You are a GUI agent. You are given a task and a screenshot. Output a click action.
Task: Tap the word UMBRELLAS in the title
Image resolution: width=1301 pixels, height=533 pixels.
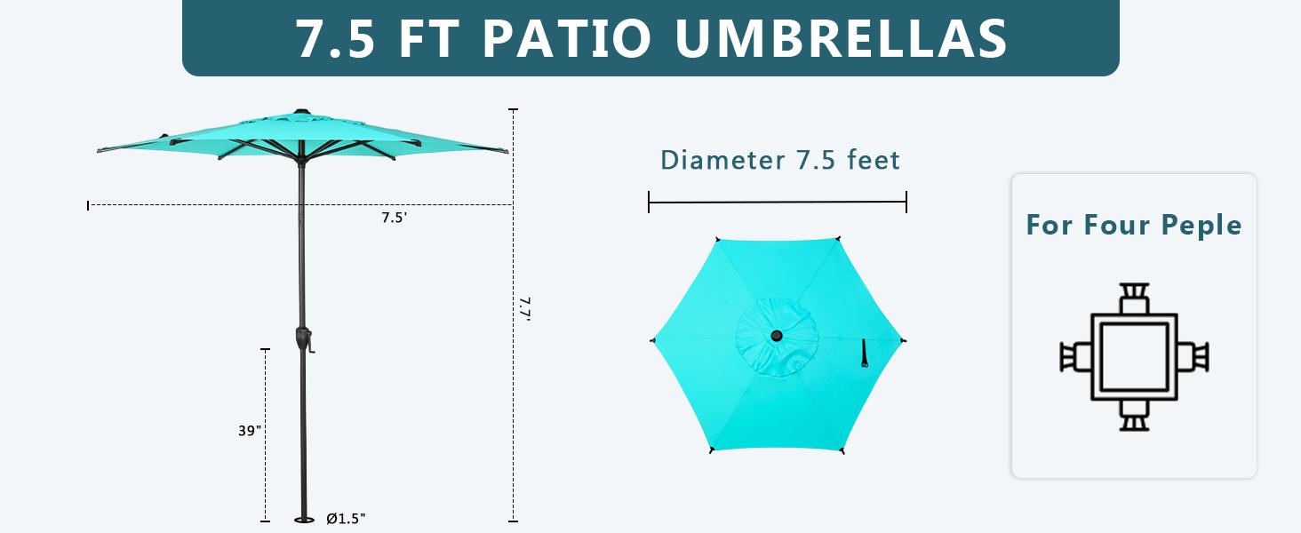842,39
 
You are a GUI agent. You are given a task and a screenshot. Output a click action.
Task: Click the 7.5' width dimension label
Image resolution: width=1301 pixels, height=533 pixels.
395,219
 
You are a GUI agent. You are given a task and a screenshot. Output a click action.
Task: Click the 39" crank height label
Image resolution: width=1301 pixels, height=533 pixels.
250,431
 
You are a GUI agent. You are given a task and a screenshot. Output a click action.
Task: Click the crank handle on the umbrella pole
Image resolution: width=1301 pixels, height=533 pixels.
306,342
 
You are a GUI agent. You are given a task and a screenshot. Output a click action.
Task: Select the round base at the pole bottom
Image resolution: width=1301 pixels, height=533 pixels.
304,520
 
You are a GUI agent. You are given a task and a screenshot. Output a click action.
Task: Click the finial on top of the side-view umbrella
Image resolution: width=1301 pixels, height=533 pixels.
299,113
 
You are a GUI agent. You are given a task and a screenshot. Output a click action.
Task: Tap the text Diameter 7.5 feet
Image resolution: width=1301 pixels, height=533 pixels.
779,160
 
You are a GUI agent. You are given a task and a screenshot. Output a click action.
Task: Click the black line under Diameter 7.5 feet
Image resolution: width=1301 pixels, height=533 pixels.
778,203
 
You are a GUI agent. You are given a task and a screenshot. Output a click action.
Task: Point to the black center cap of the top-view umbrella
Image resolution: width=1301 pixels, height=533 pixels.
777,337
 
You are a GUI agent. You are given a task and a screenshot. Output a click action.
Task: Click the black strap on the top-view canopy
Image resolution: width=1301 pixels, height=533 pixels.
863,353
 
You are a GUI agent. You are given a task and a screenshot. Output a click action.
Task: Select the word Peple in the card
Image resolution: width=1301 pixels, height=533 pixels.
1204,225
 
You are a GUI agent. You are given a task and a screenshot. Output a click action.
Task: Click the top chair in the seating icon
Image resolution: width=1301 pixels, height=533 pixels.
1133,298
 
